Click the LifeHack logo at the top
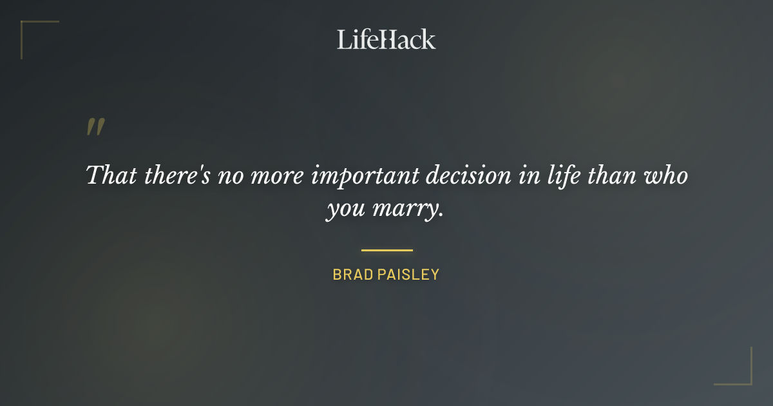386,39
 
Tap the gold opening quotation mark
95,127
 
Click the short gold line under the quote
386,250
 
